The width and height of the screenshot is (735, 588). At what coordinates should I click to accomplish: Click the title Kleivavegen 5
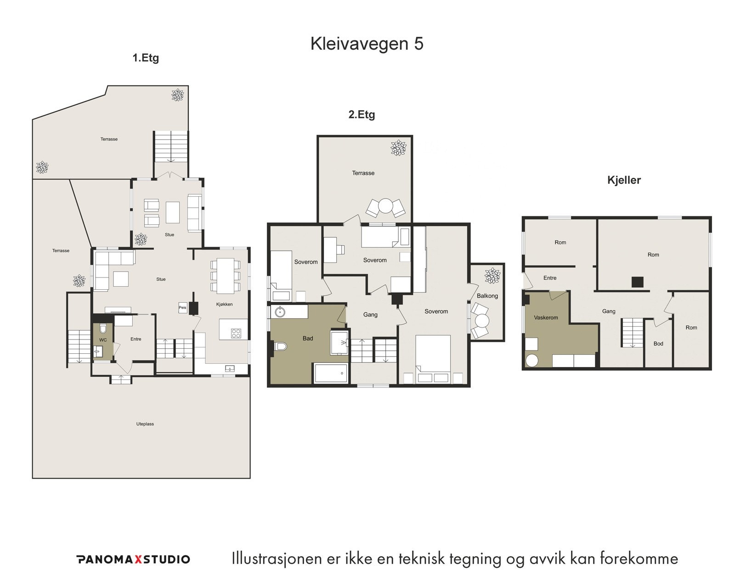coord(367,44)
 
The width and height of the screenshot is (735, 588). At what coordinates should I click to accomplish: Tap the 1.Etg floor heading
coord(146,58)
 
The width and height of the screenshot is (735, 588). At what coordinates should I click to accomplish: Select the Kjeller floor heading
coord(624,180)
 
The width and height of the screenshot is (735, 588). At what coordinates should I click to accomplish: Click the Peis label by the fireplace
coord(182,308)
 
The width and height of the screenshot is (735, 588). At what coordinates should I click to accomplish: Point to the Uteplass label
coord(145,424)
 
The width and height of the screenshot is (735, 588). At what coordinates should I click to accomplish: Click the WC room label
coord(103,340)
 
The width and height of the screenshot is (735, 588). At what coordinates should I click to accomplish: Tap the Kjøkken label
coord(224,304)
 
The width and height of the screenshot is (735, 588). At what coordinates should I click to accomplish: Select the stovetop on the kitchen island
coord(236,333)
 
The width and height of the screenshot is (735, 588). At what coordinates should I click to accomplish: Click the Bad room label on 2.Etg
coord(308,339)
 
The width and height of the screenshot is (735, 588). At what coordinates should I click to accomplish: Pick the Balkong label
coord(487,296)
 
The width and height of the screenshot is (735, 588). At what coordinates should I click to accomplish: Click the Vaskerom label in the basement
coord(546,317)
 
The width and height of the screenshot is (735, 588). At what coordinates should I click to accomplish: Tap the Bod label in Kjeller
coord(658,344)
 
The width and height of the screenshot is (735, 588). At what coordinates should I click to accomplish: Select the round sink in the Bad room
coord(280,312)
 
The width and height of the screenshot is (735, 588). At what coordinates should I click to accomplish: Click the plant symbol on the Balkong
coord(492,276)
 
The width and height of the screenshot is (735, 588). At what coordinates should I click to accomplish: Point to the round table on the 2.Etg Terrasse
coord(386,206)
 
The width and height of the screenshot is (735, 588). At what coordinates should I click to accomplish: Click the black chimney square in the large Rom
coord(637,282)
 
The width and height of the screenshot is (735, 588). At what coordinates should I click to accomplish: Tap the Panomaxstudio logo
coord(133,559)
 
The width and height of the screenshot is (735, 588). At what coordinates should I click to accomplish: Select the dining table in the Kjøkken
coord(225,276)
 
